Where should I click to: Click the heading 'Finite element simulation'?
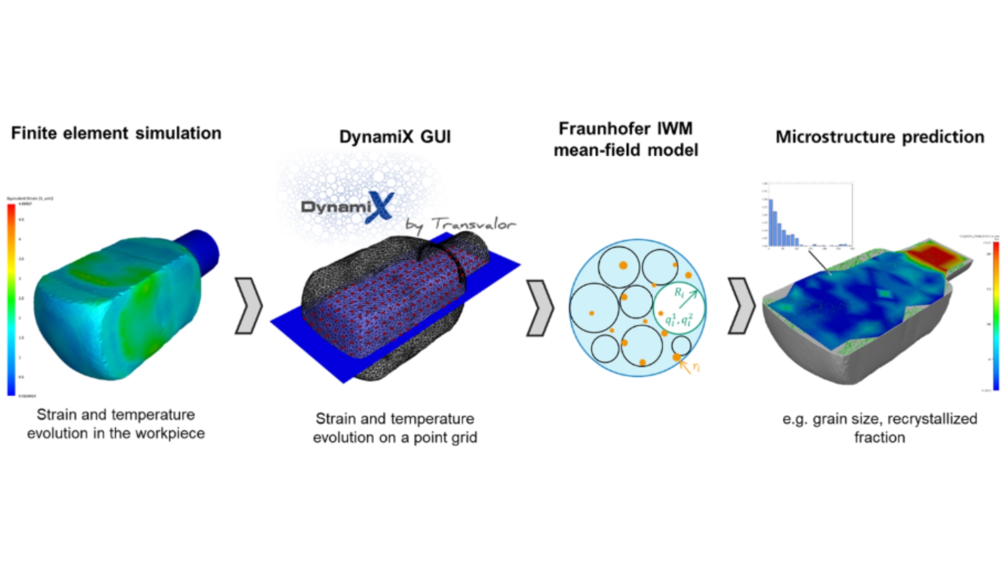click(x=116, y=133)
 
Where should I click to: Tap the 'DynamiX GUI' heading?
click(x=395, y=137)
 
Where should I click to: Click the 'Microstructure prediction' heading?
click(x=880, y=137)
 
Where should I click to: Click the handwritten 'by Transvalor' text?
click(x=461, y=225)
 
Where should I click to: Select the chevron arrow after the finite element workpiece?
click(x=248, y=305)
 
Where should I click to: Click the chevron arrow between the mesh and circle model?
click(x=540, y=308)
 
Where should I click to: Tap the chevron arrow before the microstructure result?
click(x=741, y=305)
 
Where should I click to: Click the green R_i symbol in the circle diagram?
click(x=679, y=292)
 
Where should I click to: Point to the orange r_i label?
click(x=696, y=368)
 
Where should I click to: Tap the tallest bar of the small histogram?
click(x=771, y=222)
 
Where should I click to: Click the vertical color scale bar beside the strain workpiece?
click(x=11, y=300)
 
